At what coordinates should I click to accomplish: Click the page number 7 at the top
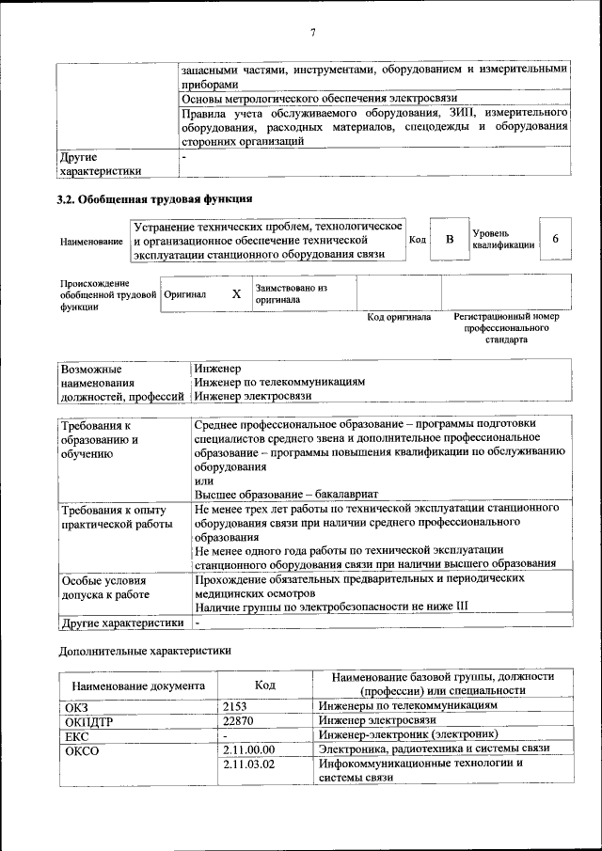(312, 33)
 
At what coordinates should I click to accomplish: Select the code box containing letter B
(449, 240)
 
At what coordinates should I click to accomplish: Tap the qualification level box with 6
(555, 240)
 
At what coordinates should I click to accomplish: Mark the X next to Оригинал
(236, 294)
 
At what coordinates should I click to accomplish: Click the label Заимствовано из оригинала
(291, 293)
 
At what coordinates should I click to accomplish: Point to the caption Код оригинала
(398, 318)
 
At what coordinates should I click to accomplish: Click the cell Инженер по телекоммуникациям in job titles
(279, 383)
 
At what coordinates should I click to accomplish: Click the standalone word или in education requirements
(204, 481)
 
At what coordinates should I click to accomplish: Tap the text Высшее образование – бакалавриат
(286, 495)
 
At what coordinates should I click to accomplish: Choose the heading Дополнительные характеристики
(144, 650)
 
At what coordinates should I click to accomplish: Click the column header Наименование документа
(137, 686)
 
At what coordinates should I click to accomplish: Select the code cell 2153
(236, 705)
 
